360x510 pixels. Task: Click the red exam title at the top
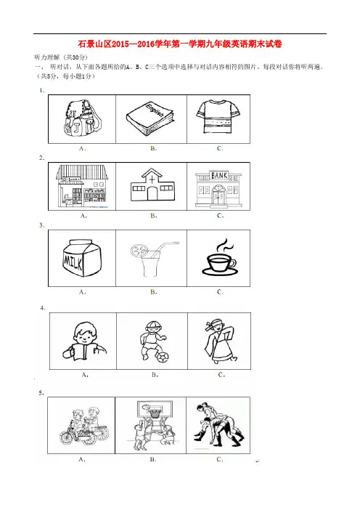click(180, 44)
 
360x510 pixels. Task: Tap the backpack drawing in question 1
click(82, 118)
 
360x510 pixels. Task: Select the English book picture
click(150, 118)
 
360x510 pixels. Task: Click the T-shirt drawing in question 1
click(218, 116)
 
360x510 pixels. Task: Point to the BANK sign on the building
click(219, 176)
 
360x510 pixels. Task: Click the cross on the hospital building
click(152, 179)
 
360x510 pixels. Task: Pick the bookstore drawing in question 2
click(82, 186)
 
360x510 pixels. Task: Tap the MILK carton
click(81, 258)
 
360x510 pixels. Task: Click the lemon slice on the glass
click(136, 251)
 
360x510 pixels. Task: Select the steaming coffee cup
click(219, 258)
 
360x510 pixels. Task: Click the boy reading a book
click(83, 341)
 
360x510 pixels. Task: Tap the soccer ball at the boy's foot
click(162, 357)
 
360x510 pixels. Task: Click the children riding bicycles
click(84, 426)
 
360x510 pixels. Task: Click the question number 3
click(41, 225)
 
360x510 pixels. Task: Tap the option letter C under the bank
click(220, 216)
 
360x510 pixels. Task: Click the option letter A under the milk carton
click(82, 292)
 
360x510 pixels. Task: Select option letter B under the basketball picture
click(153, 460)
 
